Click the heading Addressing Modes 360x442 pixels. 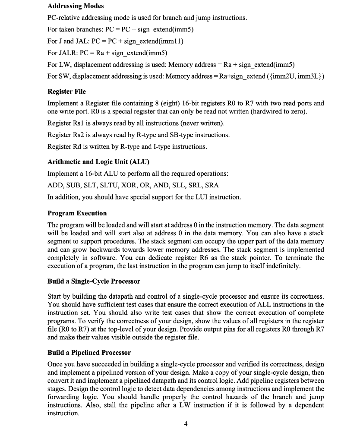coord(76,6)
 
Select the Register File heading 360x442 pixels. coord(66,92)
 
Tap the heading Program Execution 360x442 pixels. coord(77,213)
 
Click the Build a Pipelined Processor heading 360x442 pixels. coord(89,353)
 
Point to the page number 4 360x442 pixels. coord(185,424)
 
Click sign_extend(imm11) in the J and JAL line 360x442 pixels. coord(158,41)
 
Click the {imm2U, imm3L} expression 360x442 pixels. coord(297,76)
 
